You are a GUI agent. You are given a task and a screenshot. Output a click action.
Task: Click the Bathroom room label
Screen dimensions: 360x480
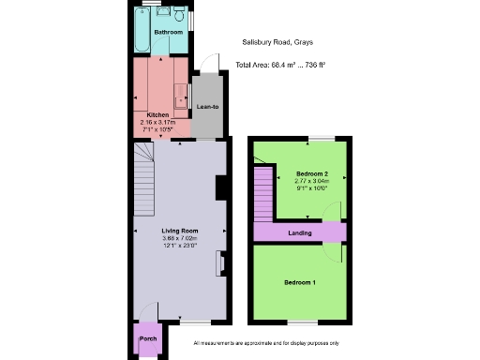169,32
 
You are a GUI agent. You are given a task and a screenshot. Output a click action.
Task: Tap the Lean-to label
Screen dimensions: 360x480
207,107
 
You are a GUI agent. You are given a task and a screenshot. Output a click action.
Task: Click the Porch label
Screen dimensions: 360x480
147,338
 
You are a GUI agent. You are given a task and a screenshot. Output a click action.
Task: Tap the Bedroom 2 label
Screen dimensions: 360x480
311,174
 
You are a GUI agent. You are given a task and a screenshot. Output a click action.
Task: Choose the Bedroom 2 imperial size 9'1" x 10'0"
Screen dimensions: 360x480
311,188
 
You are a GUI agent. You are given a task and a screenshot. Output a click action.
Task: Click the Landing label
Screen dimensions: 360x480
300,232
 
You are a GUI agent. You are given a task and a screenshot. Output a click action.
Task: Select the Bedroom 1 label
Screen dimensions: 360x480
300,282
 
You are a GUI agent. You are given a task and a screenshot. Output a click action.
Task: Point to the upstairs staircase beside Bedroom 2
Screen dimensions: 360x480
262,192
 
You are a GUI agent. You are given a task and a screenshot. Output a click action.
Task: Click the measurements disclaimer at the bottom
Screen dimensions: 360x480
266,344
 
